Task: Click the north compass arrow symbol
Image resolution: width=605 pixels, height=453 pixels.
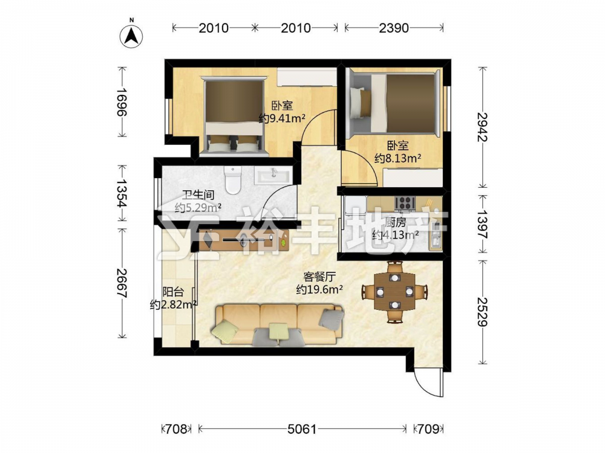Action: pos(131,36)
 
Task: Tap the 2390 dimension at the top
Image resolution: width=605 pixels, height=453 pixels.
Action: pos(394,28)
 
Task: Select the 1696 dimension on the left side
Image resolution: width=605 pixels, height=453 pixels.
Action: pos(122,101)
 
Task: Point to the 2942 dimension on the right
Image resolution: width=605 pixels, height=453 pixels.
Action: pos(482,127)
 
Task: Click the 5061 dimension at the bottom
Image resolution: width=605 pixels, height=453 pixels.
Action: pos(302,429)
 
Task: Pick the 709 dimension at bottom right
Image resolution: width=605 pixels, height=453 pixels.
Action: pos(429,429)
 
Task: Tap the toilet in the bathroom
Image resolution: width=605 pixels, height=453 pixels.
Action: pos(233,180)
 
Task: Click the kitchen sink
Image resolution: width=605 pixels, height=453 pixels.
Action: pos(435,236)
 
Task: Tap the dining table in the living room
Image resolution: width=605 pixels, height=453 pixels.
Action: pos(394,292)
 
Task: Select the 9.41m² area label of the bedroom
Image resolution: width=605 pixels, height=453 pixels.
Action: pos(282,118)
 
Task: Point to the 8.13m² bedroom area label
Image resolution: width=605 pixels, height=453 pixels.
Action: pos(398,158)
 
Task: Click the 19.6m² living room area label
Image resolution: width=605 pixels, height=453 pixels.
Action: pos(320,289)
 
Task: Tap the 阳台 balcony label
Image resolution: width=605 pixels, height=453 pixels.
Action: pos(173,292)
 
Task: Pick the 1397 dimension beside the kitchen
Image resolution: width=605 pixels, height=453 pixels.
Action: pos(482,224)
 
